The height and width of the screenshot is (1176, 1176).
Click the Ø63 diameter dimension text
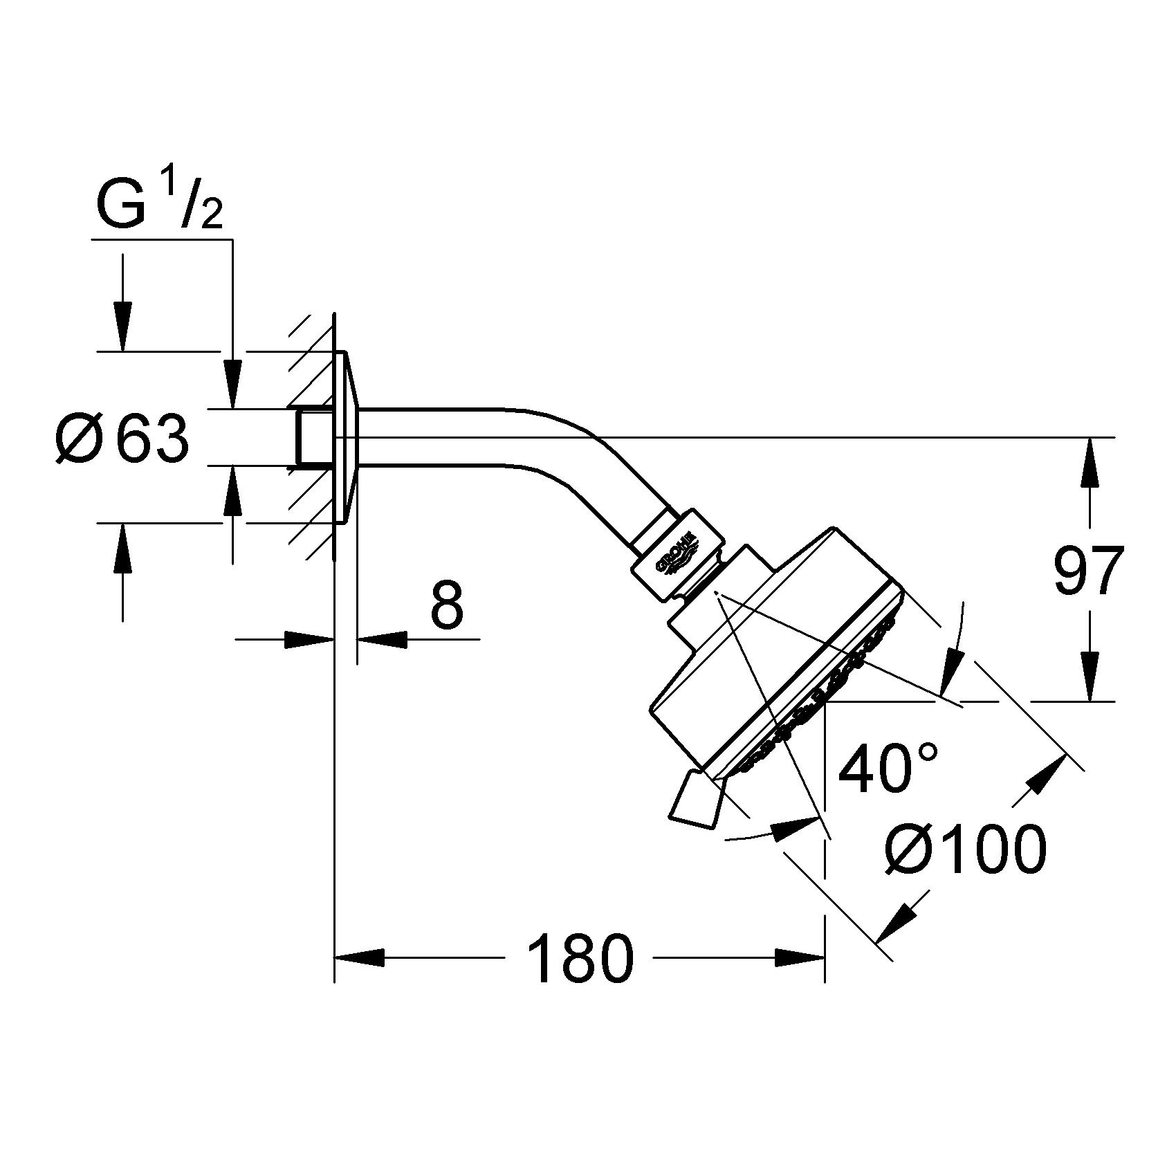122,439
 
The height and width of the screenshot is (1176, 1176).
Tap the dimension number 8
446,604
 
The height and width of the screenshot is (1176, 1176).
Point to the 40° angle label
888,767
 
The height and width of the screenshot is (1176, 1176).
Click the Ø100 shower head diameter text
966,849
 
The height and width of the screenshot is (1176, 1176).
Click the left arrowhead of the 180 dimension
360,958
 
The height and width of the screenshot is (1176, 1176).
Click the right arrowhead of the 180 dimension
800,958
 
